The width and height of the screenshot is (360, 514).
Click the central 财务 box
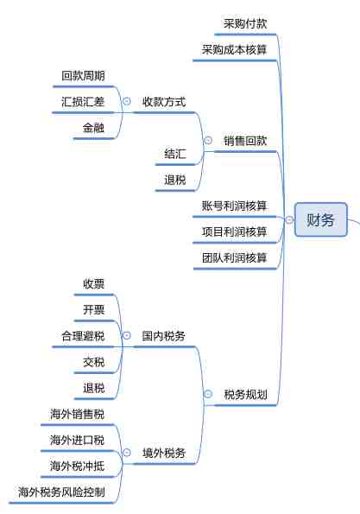tap(320, 219)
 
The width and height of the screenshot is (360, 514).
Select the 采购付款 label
tap(245, 23)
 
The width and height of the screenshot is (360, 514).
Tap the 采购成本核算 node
tap(234, 50)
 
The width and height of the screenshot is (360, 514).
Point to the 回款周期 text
tap(83, 76)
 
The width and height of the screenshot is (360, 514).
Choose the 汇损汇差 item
tap(83, 102)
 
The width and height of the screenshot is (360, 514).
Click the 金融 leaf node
tap(94, 128)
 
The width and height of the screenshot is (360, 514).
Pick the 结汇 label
tap(175, 154)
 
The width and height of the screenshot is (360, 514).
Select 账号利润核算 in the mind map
tap(234, 206)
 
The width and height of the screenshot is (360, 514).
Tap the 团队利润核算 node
tap(234, 257)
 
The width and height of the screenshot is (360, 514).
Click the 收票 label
tap(94, 283)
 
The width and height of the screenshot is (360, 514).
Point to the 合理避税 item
tap(83, 336)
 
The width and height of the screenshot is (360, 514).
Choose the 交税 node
tap(94, 362)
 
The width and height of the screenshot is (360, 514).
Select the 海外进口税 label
tap(78, 440)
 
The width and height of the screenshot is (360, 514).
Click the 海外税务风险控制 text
tap(61, 492)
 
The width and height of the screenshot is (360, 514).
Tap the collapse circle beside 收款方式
tap(126, 101)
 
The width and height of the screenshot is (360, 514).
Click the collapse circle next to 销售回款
tap(208, 140)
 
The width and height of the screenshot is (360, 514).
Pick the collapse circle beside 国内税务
tap(126, 335)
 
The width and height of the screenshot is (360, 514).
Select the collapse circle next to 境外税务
tap(126, 453)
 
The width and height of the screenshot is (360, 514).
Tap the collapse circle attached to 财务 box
tap(289, 219)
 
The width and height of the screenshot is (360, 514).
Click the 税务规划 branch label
tap(245, 394)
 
